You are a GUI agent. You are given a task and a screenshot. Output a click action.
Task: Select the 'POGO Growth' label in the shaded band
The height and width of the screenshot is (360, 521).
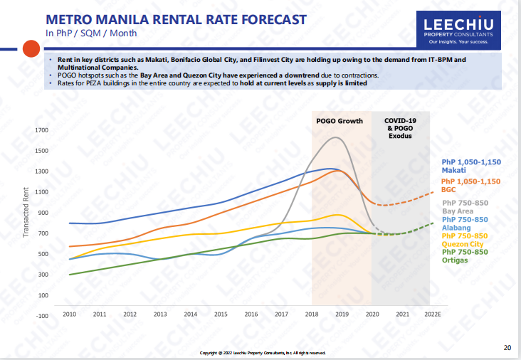(x=340, y=121)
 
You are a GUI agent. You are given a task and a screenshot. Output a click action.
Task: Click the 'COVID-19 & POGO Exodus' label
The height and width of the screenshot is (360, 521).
(x=401, y=128)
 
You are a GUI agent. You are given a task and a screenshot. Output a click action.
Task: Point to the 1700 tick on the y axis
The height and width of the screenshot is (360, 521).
(x=41, y=130)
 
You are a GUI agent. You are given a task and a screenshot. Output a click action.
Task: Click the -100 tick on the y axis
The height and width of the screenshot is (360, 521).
(x=41, y=315)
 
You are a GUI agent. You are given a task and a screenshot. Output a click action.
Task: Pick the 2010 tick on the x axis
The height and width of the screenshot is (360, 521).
(x=69, y=314)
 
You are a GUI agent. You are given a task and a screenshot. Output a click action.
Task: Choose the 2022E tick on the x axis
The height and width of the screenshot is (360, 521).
(x=431, y=314)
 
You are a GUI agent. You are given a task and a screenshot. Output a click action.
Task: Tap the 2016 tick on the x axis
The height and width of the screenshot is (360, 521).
(x=251, y=314)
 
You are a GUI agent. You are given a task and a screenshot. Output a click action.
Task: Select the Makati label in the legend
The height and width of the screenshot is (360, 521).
(x=453, y=171)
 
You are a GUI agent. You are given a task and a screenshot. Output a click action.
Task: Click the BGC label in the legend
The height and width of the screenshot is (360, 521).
(x=448, y=190)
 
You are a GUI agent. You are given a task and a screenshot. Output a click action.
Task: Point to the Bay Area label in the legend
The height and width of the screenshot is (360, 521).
(x=457, y=211)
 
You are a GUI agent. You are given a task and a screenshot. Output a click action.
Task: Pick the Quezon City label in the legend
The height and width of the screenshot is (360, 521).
(x=463, y=244)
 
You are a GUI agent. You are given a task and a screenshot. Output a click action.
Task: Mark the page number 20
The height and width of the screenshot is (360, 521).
(x=507, y=348)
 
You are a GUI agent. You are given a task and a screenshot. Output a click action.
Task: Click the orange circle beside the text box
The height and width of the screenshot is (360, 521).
(x=30, y=48)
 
